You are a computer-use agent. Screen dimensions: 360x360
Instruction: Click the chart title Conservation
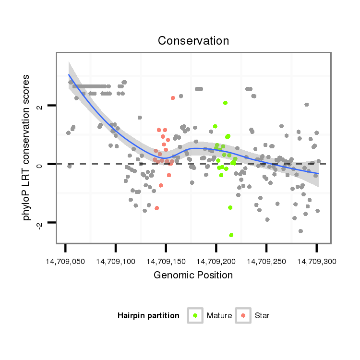[193, 41]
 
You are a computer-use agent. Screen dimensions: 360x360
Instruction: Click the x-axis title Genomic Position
[193, 275]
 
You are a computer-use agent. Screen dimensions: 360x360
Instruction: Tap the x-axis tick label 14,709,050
[65, 262]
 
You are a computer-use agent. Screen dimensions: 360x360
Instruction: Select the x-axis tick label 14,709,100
[116, 262]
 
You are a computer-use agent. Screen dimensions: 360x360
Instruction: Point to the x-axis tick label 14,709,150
[166, 262]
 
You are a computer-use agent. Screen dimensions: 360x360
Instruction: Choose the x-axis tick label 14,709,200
[216, 262]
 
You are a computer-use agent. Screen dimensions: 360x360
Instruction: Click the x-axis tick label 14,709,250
[266, 262]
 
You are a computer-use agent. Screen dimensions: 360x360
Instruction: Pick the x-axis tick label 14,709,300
[316, 262]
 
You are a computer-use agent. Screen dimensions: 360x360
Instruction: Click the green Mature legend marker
[195, 315]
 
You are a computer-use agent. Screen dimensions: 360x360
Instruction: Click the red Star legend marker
[243, 315]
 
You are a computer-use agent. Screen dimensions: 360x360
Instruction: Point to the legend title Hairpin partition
[148, 316]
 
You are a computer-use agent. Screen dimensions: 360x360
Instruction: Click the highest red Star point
[173, 98]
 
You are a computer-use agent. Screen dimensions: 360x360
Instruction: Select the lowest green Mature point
[231, 235]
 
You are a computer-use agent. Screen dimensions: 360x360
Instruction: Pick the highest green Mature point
[225, 103]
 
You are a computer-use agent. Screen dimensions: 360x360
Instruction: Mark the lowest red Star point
[156, 208]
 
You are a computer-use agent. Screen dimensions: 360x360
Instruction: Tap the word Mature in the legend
[219, 316]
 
